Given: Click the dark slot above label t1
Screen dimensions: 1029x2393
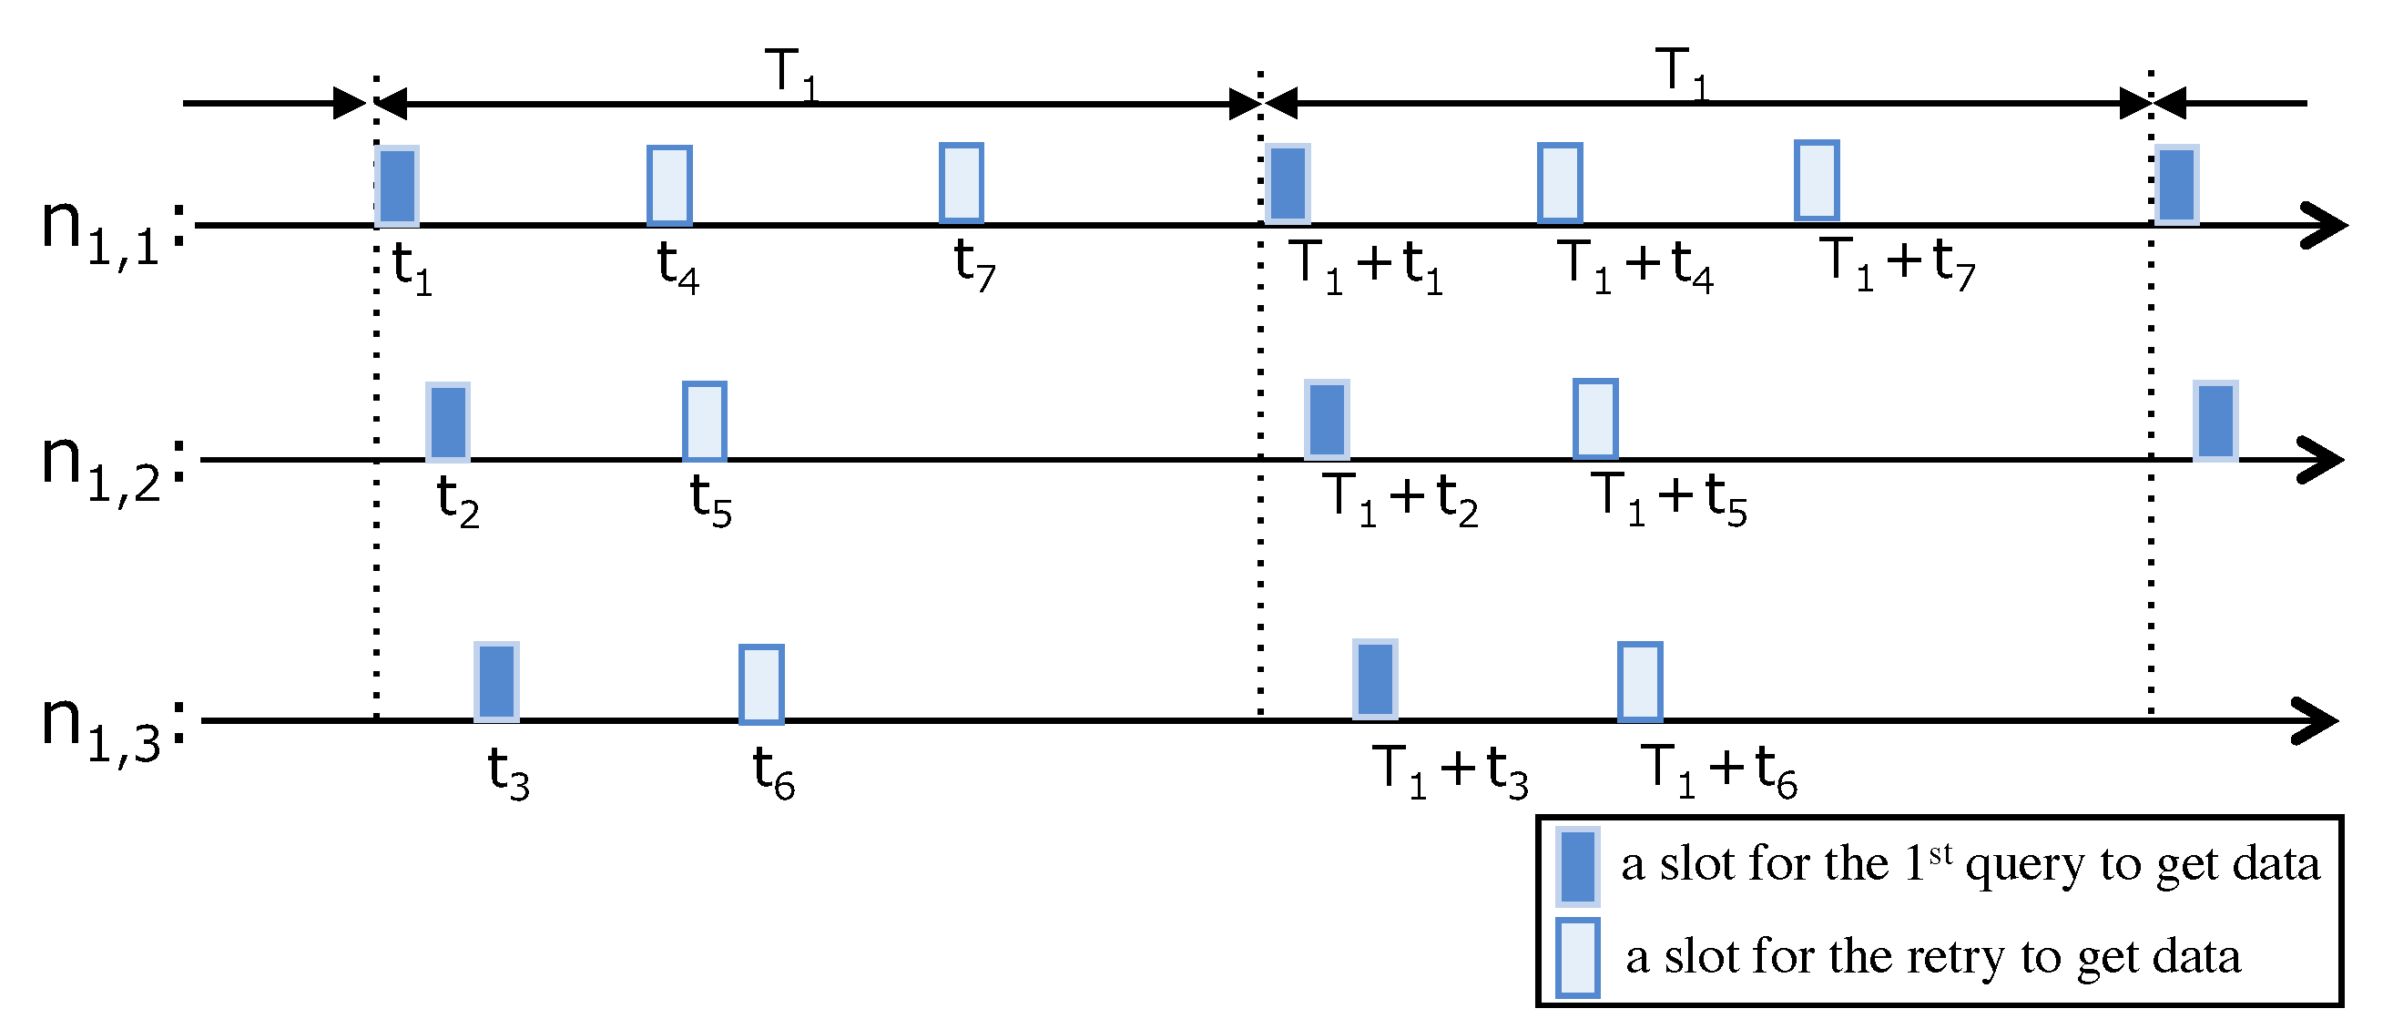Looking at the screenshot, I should [x=397, y=186].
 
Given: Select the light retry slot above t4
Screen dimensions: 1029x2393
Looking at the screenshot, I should [x=669, y=186].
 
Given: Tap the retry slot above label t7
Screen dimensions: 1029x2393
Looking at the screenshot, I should [x=961, y=183].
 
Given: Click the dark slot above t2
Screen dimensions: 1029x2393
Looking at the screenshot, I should [x=448, y=422].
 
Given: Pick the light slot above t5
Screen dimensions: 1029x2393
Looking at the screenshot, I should [x=704, y=421].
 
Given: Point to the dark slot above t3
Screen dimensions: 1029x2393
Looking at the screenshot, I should [x=496, y=682].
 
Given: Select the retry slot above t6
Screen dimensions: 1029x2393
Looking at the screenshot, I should [x=761, y=684].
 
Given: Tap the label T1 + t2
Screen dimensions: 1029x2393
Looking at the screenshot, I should [x=1401, y=499].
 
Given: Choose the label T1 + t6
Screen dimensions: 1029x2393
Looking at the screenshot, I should [x=1718, y=769].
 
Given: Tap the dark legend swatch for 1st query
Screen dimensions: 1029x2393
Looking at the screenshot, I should [x=1577, y=867].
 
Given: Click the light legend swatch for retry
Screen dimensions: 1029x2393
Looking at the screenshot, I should [x=1577, y=957].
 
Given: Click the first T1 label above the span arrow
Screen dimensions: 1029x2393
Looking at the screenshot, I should [x=790, y=73].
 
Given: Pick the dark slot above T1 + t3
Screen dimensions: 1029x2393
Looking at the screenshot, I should [x=1375, y=679].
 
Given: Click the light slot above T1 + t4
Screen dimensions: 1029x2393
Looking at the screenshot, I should [x=1560, y=183].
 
